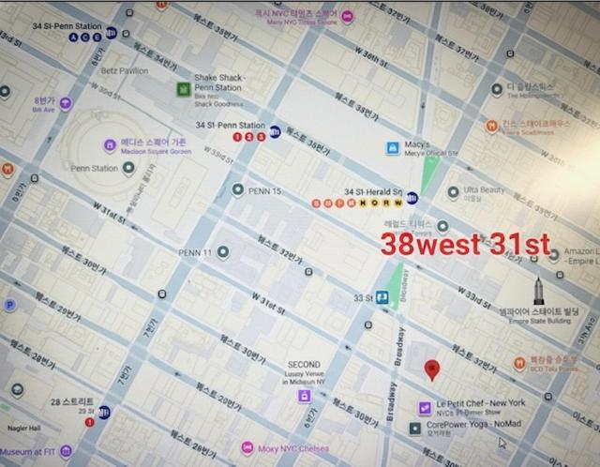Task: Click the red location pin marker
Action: (431, 369)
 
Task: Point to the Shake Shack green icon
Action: (183, 89)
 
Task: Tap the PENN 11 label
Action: (196, 252)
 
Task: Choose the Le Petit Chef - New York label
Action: (480, 403)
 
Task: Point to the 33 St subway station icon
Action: (383, 298)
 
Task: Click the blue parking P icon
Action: (10, 305)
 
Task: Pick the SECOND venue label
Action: (304, 365)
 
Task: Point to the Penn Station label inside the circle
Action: (94, 169)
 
